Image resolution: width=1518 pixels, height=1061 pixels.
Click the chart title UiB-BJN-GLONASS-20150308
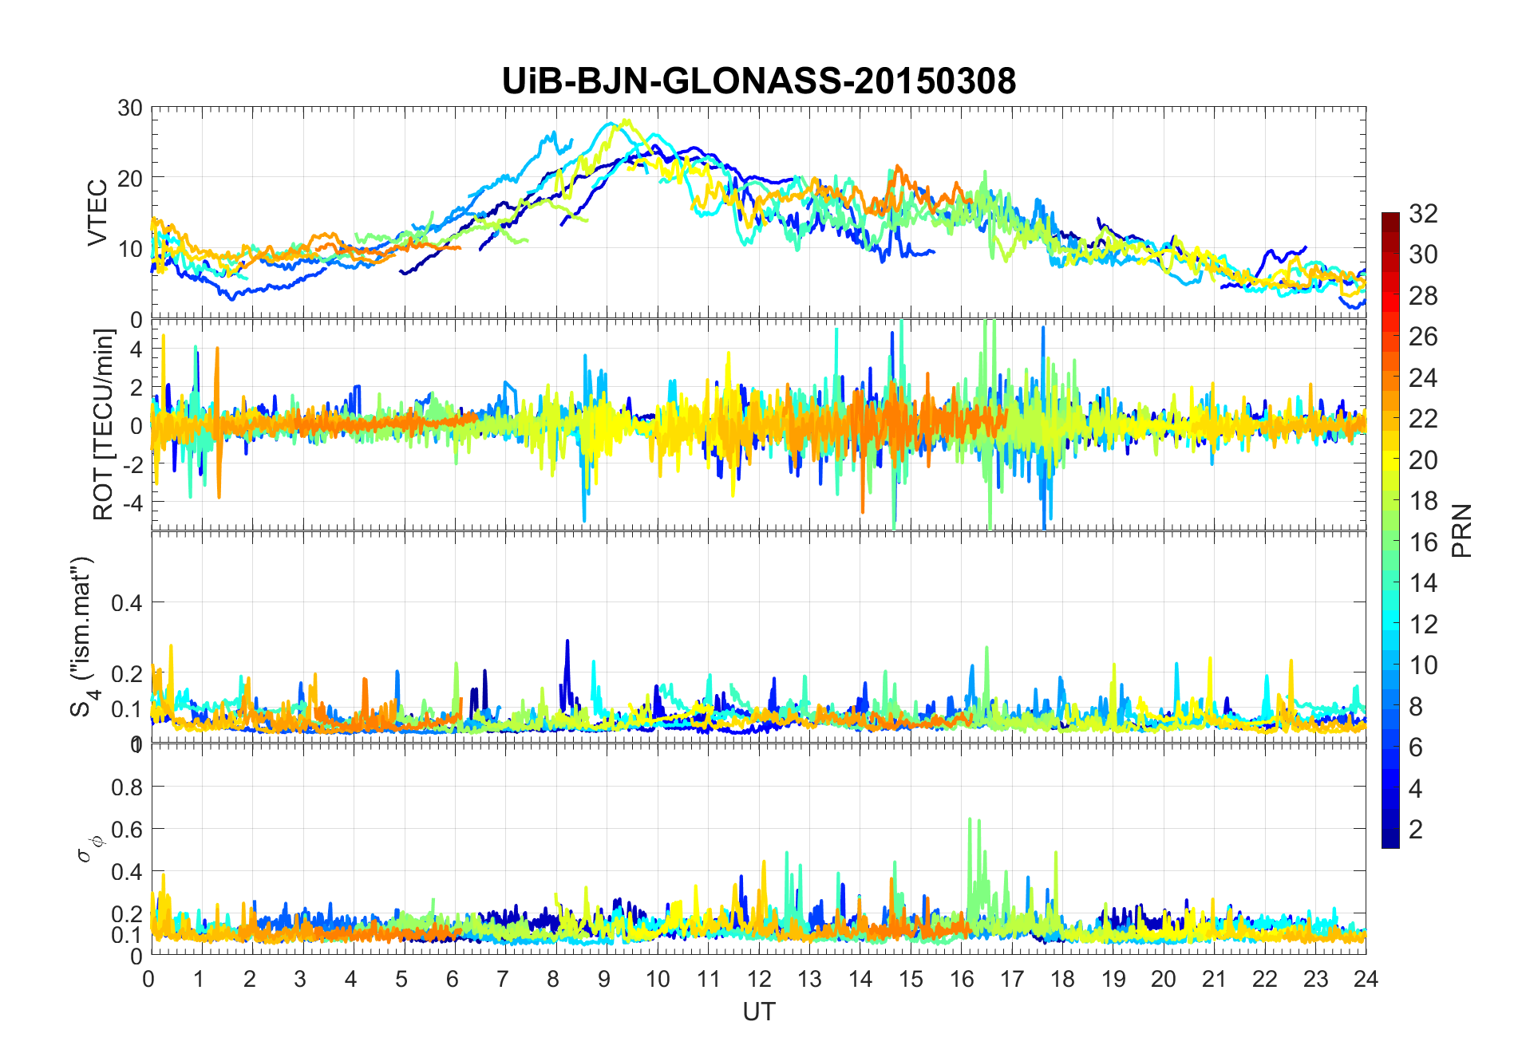click(758, 81)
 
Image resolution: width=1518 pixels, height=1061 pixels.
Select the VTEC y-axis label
click(97, 213)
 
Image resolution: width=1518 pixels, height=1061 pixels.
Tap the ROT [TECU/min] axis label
click(104, 424)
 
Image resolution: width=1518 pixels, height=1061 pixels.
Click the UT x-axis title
click(758, 1012)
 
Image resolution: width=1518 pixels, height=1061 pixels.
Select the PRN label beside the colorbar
click(1462, 530)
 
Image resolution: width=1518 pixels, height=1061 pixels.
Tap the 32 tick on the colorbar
click(1423, 214)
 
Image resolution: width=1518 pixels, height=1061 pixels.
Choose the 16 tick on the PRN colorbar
click(1423, 542)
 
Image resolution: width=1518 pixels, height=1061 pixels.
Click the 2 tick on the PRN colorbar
click(1416, 830)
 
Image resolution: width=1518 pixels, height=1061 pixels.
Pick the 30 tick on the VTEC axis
click(130, 108)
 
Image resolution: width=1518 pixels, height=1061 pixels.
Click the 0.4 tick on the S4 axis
click(126, 603)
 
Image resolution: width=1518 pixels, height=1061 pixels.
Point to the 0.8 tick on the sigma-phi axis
click(126, 787)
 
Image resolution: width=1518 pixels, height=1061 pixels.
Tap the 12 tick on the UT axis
click(759, 979)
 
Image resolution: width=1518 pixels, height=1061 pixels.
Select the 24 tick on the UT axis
click(1366, 979)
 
